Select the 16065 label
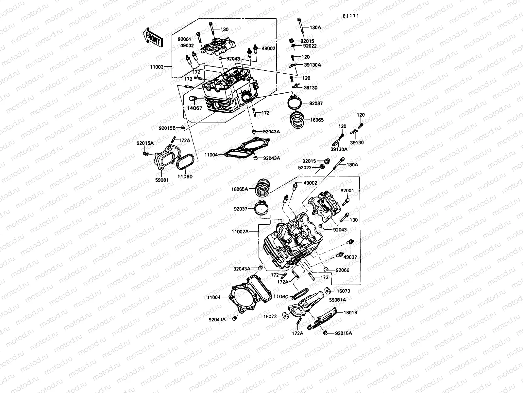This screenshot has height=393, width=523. (316, 120)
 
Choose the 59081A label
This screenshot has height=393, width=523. (337, 299)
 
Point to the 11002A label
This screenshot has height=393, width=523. (240, 232)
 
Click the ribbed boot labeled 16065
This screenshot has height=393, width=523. (297, 121)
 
